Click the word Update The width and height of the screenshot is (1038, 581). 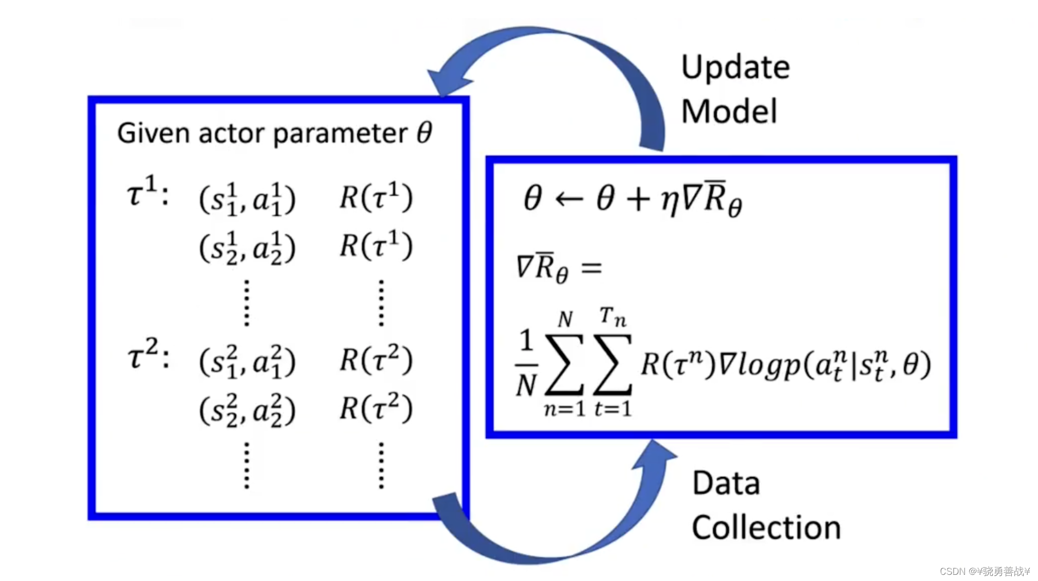[735, 68]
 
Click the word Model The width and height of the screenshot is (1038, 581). [729, 112]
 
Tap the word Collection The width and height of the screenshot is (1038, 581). [766, 528]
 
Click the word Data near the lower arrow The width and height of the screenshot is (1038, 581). [726, 484]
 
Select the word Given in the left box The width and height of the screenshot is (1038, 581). [154, 133]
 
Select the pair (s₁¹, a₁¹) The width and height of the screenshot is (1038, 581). [247, 199]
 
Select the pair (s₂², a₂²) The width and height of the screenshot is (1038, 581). [247, 410]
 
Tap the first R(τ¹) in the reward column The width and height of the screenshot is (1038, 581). [376, 197]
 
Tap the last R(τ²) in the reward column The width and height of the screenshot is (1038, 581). [376, 409]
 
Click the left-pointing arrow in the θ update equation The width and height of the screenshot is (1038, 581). [569, 199]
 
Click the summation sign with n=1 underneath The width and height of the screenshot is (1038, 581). [564, 364]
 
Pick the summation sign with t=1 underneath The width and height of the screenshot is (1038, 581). [613, 364]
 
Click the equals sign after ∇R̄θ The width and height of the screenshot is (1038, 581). [591, 268]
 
